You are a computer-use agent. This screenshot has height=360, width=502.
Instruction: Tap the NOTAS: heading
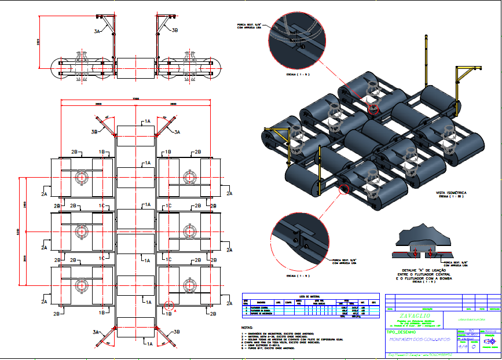click(x=248, y=328)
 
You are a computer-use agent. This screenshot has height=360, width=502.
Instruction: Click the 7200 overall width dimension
click(x=136, y=99)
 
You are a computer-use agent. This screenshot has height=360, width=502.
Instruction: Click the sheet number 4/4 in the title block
click(x=461, y=348)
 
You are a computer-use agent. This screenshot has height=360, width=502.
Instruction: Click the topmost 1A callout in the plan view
click(x=148, y=121)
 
